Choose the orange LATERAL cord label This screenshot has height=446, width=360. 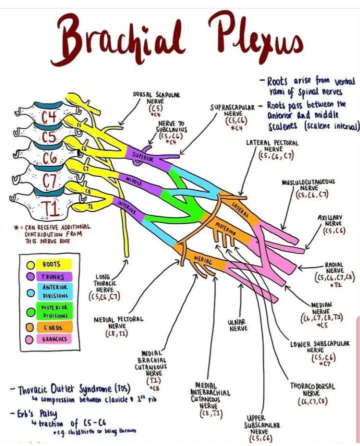pos(240,209)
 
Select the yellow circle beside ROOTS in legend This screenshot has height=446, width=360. pos(30,264)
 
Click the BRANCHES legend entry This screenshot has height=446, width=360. pos(53,339)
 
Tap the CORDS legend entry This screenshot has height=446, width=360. pos(52,326)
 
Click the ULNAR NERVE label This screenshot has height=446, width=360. pos(239,325)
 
